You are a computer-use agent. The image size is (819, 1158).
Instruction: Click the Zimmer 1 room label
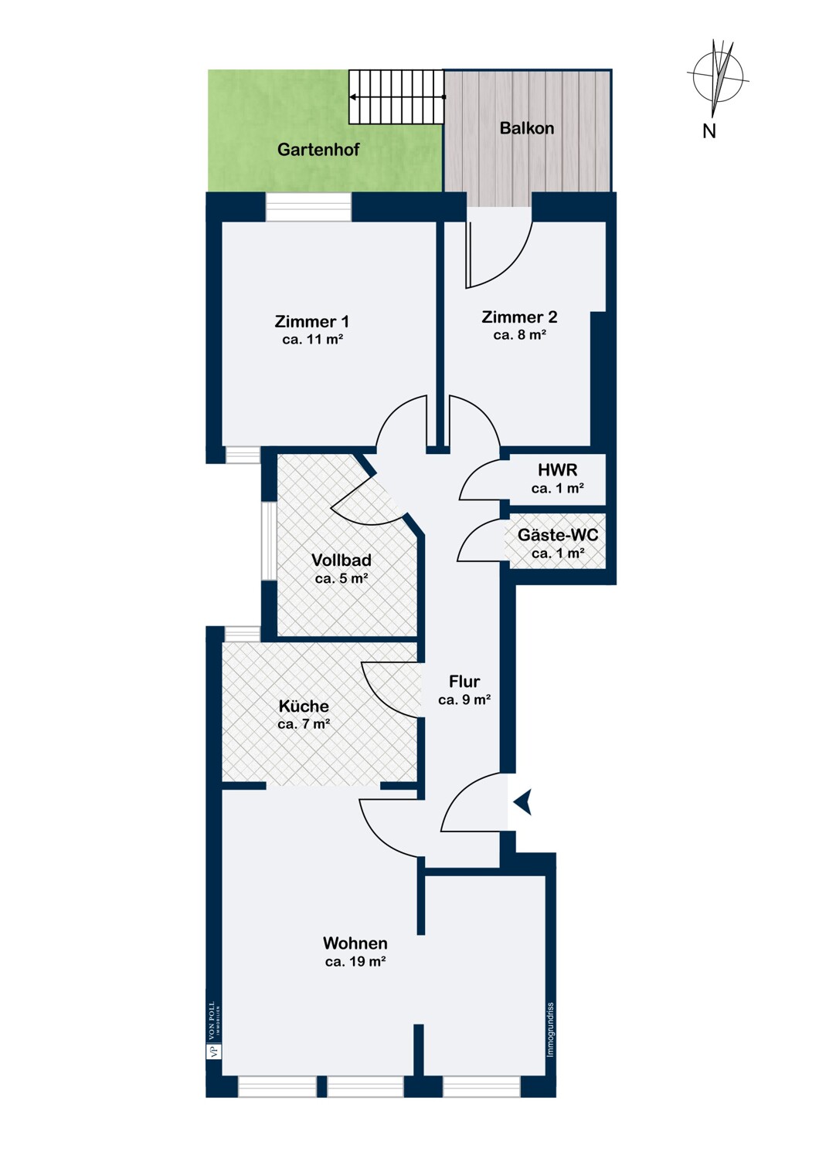click(x=311, y=322)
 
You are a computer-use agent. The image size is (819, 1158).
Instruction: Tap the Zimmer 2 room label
click(x=519, y=317)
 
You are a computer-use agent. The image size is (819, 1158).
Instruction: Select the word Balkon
click(x=527, y=128)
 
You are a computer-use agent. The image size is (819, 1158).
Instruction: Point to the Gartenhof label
click(x=318, y=150)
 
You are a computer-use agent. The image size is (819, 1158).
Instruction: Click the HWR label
click(x=558, y=470)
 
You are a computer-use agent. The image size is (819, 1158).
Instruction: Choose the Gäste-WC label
click(x=558, y=534)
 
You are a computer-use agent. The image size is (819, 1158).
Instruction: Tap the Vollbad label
click(x=342, y=560)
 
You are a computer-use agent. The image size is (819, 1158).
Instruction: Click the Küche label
click(x=304, y=706)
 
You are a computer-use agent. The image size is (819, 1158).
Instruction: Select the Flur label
click(x=464, y=682)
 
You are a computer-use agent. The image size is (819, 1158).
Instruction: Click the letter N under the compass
click(x=709, y=131)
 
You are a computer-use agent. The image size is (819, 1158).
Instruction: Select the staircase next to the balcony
click(x=396, y=96)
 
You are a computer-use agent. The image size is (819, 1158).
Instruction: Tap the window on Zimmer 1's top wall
click(x=309, y=208)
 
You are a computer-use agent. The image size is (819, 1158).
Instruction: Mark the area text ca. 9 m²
click(x=464, y=700)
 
